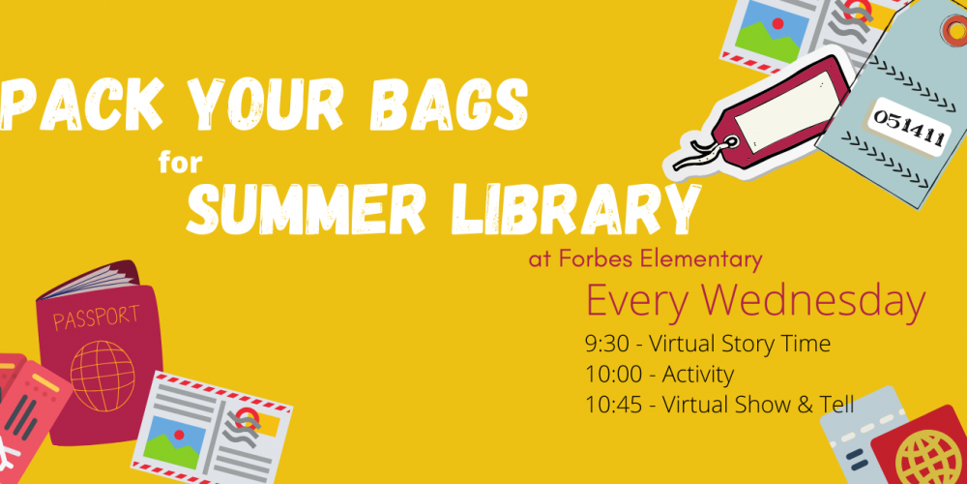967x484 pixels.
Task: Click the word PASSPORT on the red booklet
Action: (96, 318)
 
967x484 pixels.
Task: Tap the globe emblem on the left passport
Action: (103, 376)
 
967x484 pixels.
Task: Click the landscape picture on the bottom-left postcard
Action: (174, 440)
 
